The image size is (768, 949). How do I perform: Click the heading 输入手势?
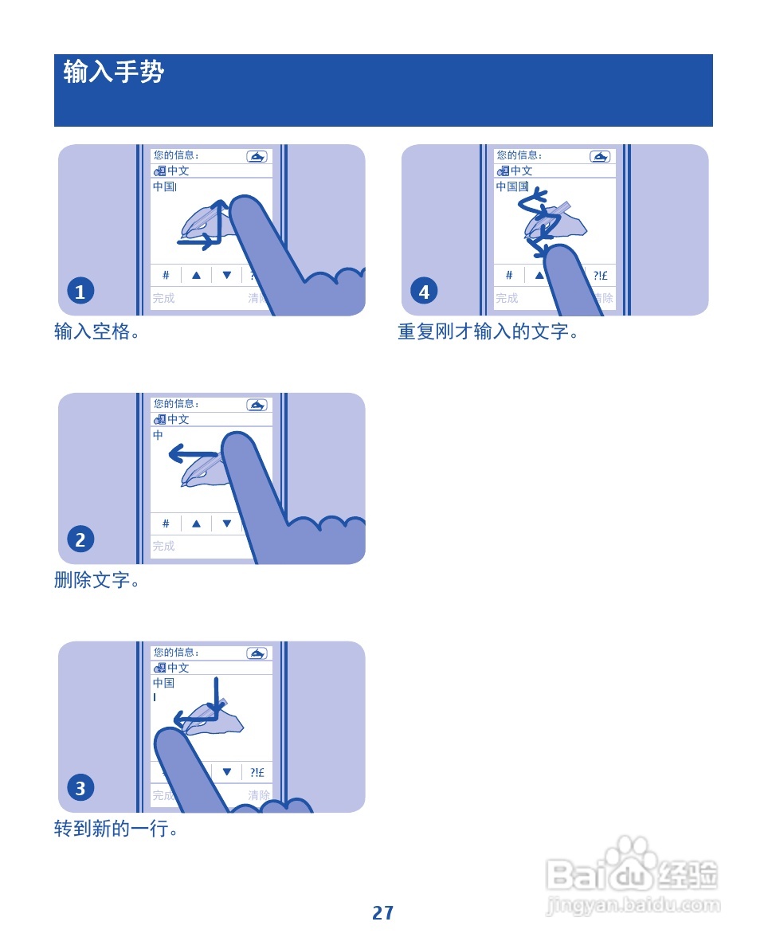click(114, 73)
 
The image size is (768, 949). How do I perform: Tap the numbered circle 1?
click(80, 292)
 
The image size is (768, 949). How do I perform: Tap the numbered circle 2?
click(80, 540)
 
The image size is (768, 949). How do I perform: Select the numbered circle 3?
click(80, 789)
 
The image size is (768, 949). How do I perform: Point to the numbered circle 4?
click(424, 292)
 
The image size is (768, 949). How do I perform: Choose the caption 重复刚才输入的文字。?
click(488, 331)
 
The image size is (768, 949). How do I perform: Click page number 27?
click(383, 913)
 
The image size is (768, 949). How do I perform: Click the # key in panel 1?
click(166, 275)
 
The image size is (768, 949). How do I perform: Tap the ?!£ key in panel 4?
click(600, 275)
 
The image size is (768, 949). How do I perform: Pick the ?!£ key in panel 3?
click(257, 772)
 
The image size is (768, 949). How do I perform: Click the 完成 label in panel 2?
click(164, 546)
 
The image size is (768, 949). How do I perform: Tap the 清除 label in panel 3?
click(259, 795)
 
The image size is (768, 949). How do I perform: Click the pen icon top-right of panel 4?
click(600, 156)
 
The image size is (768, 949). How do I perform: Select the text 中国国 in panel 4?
click(512, 186)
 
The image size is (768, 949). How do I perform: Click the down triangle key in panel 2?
click(227, 524)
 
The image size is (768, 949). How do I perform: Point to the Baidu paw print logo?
click(633, 853)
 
